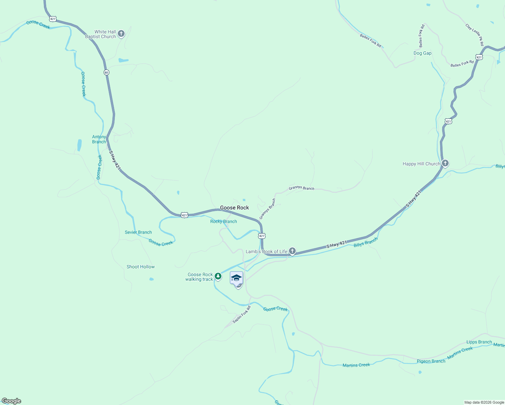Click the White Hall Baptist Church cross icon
[121, 34]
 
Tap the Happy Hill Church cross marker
[445, 164]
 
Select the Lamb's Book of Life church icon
[292, 251]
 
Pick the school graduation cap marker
[236, 278]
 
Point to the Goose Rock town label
[234, 208]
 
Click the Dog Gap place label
[422, 53]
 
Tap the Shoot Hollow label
[140, 267]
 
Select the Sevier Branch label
[138, 232]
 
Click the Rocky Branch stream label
[223, 221]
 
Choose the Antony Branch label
[99, 139]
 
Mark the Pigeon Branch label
[431, 361]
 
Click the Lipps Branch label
[479, 342]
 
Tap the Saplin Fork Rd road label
[242, 315]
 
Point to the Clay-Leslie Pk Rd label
[475, 35]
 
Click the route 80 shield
[106, 72]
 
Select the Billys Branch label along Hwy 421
[366, 242]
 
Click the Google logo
[11, 401]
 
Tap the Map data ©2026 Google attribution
[484, 402]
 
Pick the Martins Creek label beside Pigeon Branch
[460, 353]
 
